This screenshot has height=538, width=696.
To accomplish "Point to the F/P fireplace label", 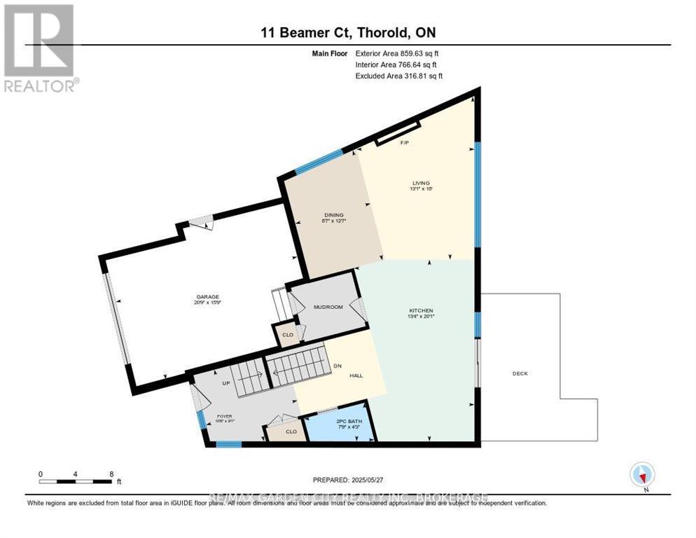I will pos(404,143).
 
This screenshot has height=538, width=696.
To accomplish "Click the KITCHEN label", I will pos(422,310).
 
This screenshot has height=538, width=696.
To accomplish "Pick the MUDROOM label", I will pos(328,307).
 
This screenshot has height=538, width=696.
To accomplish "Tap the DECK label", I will pos(520,373).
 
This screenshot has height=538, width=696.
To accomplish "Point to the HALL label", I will pos(356,375).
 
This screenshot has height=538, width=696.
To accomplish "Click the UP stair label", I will pos(225,384).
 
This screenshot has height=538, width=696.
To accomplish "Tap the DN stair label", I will pos(337,365).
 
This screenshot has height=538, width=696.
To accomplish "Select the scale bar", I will pos(76,481).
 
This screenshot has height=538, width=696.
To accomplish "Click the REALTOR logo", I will pos(41,48).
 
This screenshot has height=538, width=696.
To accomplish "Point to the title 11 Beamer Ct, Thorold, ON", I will pos(348,32).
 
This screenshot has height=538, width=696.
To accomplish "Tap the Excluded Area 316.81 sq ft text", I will pos(399,76).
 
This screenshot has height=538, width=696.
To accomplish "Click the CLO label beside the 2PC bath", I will pos(291,432).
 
